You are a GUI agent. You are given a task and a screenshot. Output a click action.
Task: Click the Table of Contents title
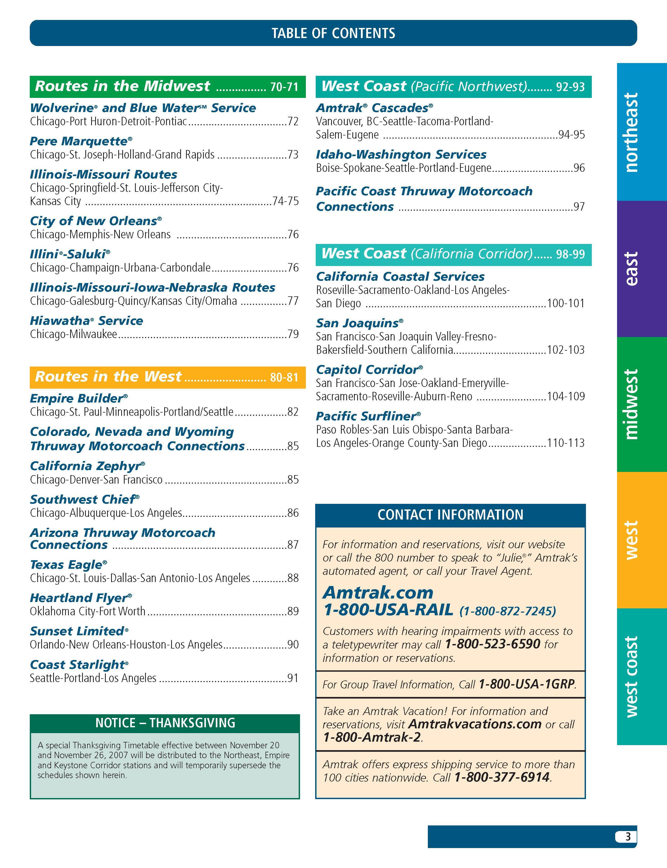pos(333,33)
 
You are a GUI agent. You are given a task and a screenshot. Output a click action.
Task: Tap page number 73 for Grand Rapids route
pos(293,155)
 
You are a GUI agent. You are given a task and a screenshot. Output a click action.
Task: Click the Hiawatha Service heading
pos(86,321)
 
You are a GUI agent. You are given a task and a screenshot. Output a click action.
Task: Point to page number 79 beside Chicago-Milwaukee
pos(293,334)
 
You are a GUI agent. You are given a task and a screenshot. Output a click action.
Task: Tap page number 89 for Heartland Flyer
pos(293,611)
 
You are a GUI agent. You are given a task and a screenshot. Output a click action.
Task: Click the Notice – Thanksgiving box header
pos(165,722)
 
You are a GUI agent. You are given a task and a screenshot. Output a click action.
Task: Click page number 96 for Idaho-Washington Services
pos(579,168)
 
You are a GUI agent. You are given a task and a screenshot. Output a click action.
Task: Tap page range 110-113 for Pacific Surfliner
pos(565,443)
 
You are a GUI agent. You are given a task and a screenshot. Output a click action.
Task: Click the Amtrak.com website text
pos(378,593)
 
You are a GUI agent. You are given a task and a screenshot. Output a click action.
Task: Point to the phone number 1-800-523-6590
pos(492,644)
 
